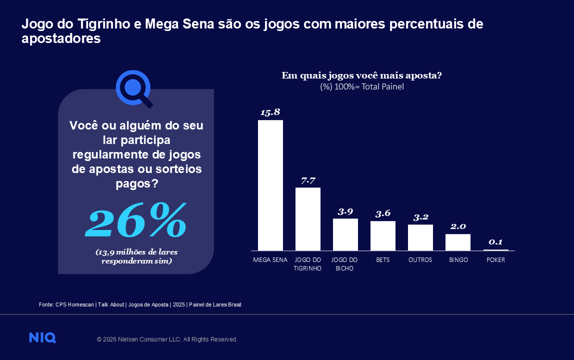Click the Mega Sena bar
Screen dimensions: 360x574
click(270, 185)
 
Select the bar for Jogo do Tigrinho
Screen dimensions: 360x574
click(307, 218)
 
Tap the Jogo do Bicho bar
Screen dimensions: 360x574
click(345, 234)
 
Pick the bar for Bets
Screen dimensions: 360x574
click(382, 235)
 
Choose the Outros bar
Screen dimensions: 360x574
click(420, 237)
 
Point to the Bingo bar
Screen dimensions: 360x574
click(457, 242)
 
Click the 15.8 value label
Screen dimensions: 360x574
click(270, 112)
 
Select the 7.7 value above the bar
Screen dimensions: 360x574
click(308, 180)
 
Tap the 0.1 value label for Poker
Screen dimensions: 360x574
click(495, 242)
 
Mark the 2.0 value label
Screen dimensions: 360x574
click(458, 226)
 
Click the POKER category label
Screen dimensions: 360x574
click(495, 260)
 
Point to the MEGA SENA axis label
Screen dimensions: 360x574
click(270, 260)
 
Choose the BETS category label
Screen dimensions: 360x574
click(382, 260)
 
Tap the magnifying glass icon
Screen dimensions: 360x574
click(133, 88)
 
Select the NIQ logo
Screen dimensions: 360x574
click(42, 338)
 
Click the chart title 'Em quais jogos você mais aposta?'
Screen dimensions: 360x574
click(361, 75)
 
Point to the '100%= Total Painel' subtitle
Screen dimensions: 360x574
click(361, 86)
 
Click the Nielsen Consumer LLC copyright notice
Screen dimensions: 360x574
click(167, 339)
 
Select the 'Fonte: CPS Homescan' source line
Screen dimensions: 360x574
click(140, 304)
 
